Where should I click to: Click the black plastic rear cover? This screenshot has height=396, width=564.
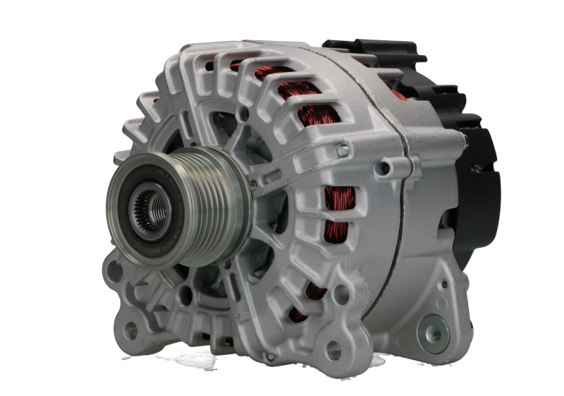pos(465,127)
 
